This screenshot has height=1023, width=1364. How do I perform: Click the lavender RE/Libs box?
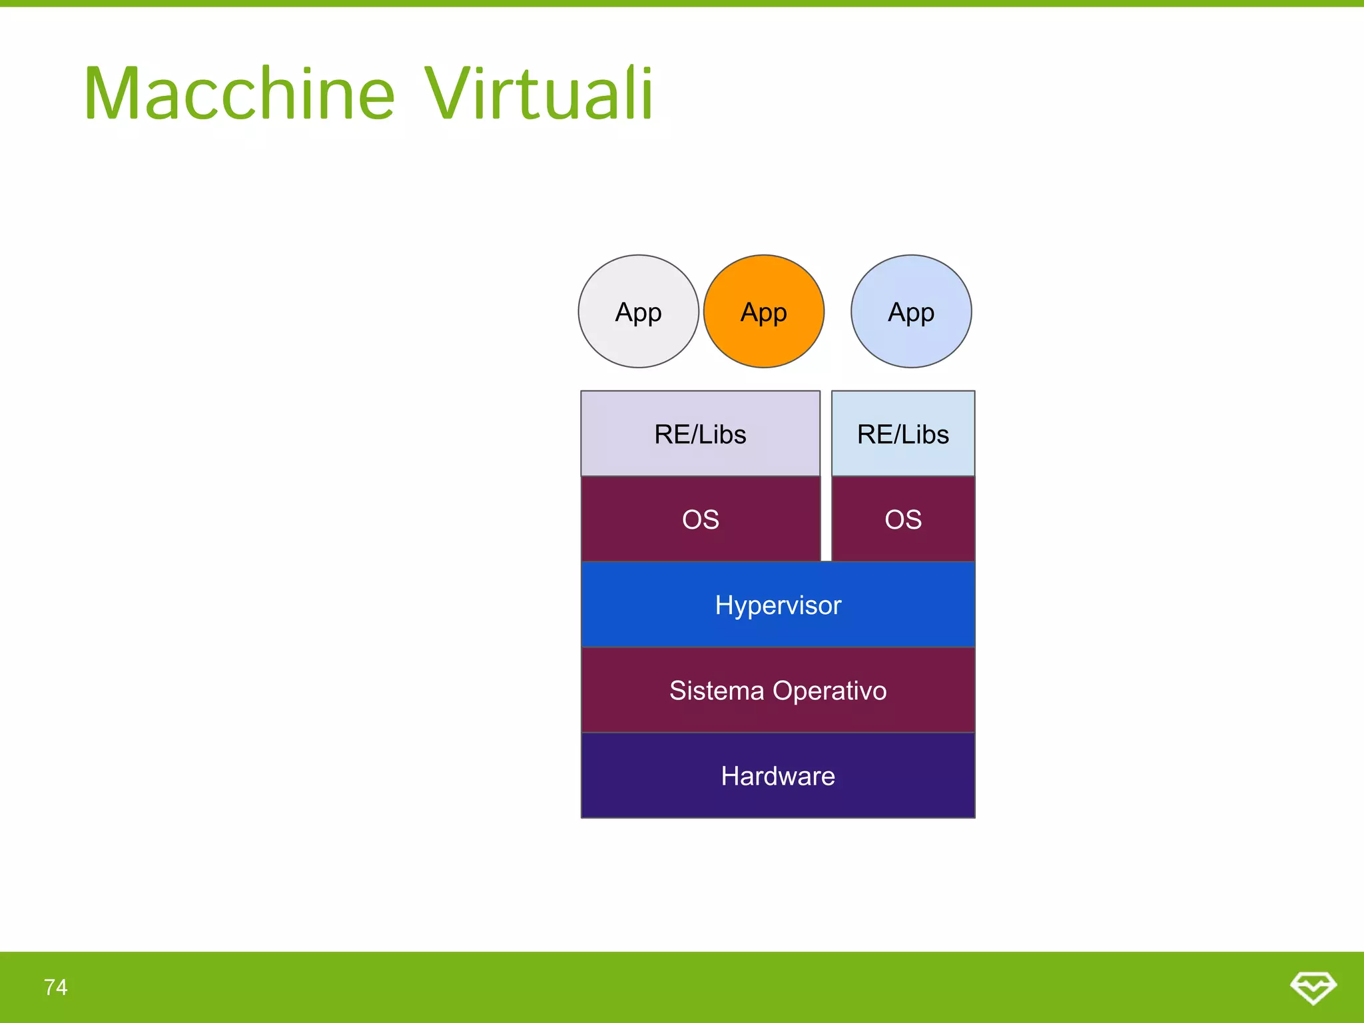[x=700, y=434]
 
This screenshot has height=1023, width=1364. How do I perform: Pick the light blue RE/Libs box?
[x=903, y=434]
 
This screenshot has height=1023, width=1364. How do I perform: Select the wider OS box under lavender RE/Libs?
[x=700, y=519]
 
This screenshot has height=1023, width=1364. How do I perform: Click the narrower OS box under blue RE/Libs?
[x=903, y=519]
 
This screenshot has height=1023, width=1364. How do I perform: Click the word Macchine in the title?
[x=240, y=94]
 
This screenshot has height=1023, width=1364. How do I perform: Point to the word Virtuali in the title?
[x=539, y=94]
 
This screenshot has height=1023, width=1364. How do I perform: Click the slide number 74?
[x=56, y=987]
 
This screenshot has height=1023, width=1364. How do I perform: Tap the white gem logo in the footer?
[x=1313, y=987]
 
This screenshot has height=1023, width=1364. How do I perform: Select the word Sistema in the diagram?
[x=717, y=691]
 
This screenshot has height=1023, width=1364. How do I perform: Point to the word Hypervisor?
[x=778, y=605]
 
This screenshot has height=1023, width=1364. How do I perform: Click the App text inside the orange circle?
[x=764, y=312]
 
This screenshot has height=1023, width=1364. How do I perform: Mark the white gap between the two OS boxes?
[x=826, y=519]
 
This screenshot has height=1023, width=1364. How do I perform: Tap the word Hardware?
[x=778, y=776]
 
